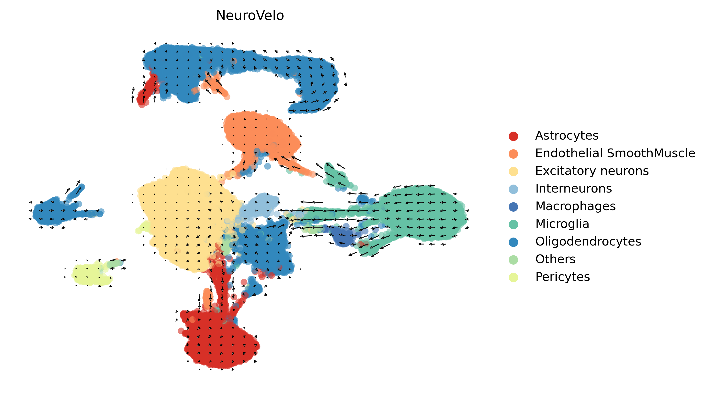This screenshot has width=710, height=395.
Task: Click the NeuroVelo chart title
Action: [x=250, y=15]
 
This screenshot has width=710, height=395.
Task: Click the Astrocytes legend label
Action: [x=567, y=135]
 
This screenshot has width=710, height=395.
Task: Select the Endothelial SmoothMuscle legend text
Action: [x=615, y=153]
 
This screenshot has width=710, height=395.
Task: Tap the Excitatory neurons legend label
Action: [x=592, y=171]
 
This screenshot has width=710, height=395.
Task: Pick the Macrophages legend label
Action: [x=575, y=206]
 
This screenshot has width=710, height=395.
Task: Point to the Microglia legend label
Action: [x=562, y=224]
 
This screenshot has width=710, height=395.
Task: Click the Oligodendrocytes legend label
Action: [x=588, y=241]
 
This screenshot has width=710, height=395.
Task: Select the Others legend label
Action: [x=555, y=259]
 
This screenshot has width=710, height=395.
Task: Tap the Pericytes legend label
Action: [x=562, y=277]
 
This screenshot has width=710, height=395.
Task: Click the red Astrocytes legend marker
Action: [x=513, y=136]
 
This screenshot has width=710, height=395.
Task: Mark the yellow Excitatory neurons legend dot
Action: [x=513, y=171]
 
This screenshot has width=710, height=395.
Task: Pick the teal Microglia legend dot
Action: [x=513, y=224]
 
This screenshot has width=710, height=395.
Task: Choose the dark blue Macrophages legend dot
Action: [x=513, y=207]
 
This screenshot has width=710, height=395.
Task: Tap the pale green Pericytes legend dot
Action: [x=513, y=277]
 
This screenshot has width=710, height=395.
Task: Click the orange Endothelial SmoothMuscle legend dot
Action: [x=513, y=154]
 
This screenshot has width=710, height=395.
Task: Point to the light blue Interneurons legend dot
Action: [x=513, y=189]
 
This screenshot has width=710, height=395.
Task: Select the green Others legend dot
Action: [x=513, y=260]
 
